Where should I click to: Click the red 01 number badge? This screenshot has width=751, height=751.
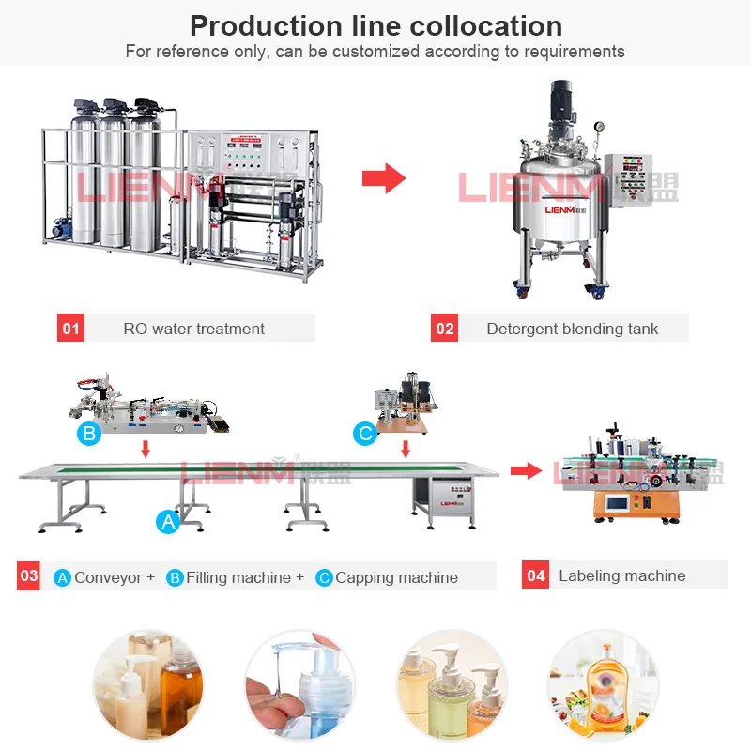71,329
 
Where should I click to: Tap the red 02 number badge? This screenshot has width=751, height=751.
445,329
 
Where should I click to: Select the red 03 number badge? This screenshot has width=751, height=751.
29,575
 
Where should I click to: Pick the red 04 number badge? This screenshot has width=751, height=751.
536,575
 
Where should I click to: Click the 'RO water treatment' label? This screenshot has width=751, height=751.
194,329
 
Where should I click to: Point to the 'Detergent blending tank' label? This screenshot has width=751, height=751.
572,329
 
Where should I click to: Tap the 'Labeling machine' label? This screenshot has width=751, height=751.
621,575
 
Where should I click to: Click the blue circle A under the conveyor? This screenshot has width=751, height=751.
167,522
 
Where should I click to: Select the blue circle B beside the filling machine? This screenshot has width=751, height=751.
89,433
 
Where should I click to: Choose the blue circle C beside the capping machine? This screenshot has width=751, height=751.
364,433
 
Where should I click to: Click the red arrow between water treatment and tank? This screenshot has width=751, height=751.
383,177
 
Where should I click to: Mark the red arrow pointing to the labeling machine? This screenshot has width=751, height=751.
527,469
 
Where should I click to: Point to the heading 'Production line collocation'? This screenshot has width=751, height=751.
375,25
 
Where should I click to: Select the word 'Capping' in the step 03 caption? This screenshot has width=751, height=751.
364,577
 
